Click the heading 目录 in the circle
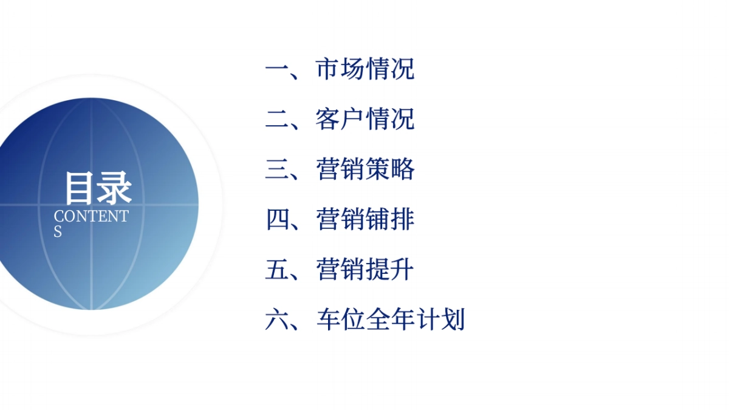point(98,188)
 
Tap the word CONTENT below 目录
point(91,216)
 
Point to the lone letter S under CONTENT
point(58,231)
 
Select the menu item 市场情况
point(365,69)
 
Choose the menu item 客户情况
point(365,119)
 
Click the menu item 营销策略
point(365,169)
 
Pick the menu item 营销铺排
point(365,219)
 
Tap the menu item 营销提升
point(365,269)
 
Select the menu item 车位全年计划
point(390,319)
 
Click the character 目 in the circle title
point(81,188)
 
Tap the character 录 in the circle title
point(115,188)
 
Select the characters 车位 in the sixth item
point(340,319)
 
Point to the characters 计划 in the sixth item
point(440,319)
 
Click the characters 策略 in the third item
point(390,169)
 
